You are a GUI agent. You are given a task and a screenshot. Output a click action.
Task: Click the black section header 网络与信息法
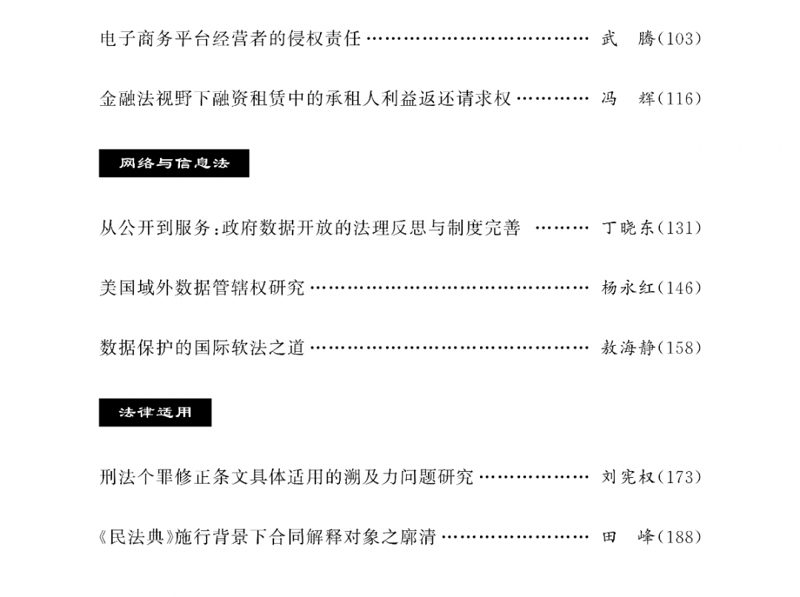pos(174,163)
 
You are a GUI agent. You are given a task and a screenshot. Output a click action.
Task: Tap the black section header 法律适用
pos(155,413)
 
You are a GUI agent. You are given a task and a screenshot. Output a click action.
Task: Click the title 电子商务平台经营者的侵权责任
pos(230,39)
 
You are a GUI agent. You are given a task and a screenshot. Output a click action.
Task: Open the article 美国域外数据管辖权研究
pos(202,287)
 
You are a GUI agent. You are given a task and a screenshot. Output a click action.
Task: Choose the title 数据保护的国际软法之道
pos(202,347)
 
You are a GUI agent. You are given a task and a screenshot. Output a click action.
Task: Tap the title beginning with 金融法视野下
pos(305,98)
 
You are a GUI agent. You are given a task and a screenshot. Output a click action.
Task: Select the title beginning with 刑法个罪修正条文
pos(287,477)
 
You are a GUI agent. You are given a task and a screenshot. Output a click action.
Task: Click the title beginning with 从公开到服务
pos(310,227)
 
